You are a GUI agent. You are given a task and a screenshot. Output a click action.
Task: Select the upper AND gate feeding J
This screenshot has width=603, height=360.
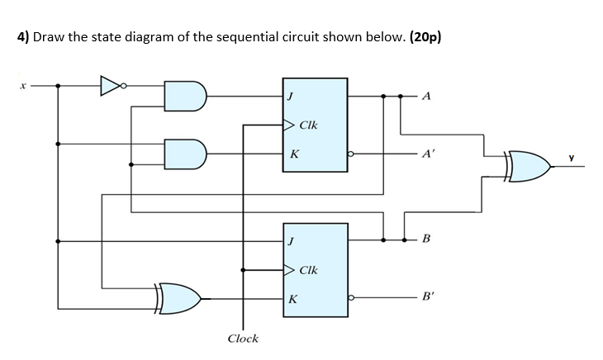pyautogui.click(x=185, y=96)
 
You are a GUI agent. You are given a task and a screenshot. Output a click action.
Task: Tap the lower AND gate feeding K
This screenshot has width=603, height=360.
pyautogui.click(x=185, y=154)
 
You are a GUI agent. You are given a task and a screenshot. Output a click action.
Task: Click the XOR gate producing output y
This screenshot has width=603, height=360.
pyautogui.click(x=529, y=166)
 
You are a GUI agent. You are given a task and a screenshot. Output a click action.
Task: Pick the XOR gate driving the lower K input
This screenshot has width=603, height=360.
pyautogui.click(x=178, y=299)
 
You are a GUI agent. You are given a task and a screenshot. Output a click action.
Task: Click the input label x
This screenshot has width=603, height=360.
pyautogui.click(x=23, y=86)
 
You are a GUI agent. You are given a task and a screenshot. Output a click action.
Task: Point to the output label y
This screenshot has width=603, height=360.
pyautogui.click(x=572, y=157)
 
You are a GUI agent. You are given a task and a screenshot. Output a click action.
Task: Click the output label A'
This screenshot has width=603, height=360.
pyautogui.click(x=428, y=154)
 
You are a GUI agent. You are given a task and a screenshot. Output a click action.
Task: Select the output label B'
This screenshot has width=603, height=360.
pyautogui.click(x=427, y=296)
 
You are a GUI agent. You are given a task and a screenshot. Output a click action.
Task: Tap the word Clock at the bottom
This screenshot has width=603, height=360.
pyautogui.click(x=243, y=339)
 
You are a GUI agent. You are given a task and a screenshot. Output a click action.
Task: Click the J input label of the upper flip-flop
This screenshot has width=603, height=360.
pyautogui.click(x=291, y=96)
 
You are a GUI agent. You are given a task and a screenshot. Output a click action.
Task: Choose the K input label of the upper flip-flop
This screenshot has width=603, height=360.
pyautogui.click(x=294, y=154)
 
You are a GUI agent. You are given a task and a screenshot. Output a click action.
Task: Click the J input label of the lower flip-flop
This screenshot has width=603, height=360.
pyautogui.click(x=291, y=241)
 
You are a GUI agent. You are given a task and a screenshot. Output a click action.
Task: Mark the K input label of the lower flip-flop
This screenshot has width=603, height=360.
pyautogui.click(x=293, y=299)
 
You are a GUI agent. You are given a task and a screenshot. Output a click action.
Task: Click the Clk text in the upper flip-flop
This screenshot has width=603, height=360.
pyautogui.click(x=308, y=125)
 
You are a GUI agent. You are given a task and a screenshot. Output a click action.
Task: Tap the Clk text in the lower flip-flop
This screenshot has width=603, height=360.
pyautogui.click(x=308, y=270)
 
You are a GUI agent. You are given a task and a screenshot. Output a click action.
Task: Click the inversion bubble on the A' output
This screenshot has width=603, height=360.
pyautogui.click(x=350, y=154)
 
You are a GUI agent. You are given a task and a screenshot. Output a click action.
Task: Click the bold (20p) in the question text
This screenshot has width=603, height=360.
pyautogui.click(x=425, y=37)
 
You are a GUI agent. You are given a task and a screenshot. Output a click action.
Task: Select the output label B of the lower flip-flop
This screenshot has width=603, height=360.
pyautogui.click(x=426, y=239)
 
